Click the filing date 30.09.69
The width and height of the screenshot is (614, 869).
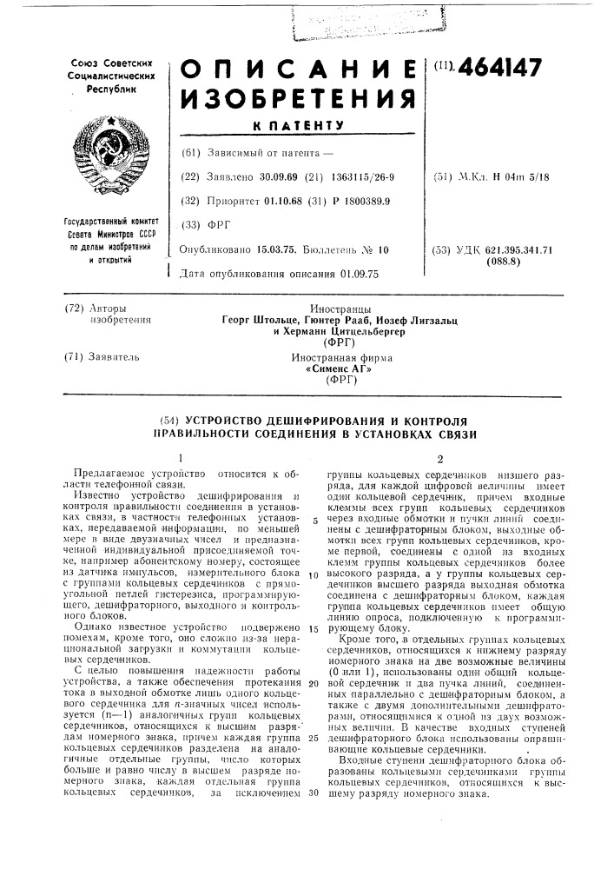tap(276, 177)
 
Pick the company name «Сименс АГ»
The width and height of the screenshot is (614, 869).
tap(333, 368)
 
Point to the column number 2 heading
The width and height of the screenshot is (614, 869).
tap(440, 458)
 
